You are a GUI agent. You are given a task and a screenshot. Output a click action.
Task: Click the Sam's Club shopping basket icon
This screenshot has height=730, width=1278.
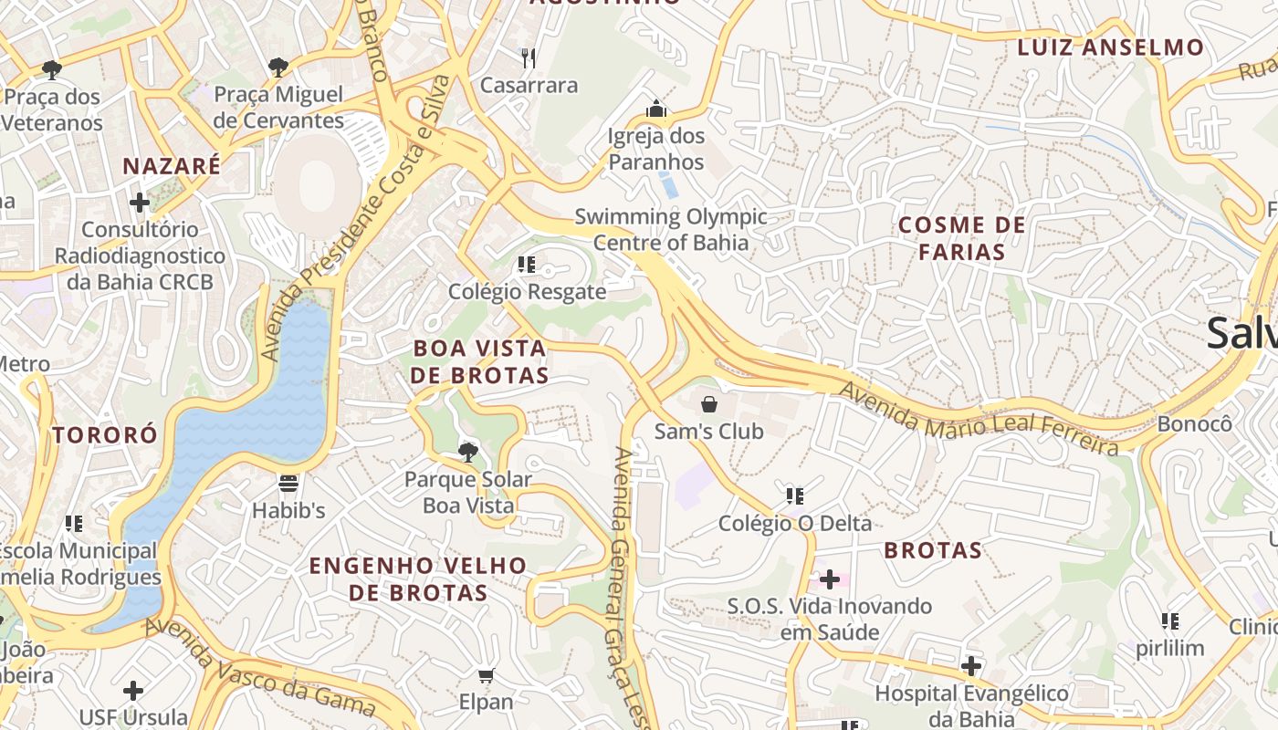click(x=709, y=403)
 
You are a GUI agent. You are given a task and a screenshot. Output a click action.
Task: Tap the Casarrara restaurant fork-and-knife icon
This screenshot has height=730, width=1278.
click(x=528, y=58)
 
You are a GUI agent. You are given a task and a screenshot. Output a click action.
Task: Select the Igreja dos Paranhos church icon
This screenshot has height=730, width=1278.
click(x=655, y=110)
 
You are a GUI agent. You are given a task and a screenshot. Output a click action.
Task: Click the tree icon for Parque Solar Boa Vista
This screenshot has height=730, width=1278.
click(x=467, y=452)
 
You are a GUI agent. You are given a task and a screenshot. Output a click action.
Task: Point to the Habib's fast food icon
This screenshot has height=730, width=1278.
click(x=288, y=483)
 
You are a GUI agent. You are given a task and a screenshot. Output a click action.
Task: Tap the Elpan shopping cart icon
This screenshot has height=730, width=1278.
click(x=486, y=676)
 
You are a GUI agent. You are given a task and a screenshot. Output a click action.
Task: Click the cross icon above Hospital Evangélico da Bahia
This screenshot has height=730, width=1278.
click(x=971, y=666)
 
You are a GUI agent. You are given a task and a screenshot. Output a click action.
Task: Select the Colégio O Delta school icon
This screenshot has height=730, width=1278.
click(x=794, y=496)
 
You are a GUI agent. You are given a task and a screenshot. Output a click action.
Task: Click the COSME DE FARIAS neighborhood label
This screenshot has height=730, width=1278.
click(x=961, y=238)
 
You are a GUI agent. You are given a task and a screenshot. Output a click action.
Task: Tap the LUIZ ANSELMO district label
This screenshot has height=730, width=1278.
click(x=1110, y=47)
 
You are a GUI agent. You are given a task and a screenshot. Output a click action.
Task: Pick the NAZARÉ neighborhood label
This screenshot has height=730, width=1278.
click(x=172, y=166)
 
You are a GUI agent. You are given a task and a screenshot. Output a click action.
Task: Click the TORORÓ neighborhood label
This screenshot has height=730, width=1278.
click(x=105, y=435)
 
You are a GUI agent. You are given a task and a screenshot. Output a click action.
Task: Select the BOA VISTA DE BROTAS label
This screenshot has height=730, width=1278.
click(x=479, y=362)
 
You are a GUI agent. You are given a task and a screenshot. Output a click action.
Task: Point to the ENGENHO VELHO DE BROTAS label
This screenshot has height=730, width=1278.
click(x=417, y=579)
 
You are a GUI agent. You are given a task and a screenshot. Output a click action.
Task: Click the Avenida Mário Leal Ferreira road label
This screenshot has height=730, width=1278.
click(x=978, y=420)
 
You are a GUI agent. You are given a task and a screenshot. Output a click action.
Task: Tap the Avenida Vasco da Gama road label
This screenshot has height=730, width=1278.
click(x=260, y=669)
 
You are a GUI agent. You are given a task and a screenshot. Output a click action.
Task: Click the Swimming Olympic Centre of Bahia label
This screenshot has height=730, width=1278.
click(x=671, y=230)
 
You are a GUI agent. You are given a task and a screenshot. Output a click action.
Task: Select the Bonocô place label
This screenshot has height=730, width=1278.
click(x=1194, y=424)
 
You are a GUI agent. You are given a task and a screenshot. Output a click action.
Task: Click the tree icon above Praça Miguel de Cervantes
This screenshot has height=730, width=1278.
click(x=278, y=67)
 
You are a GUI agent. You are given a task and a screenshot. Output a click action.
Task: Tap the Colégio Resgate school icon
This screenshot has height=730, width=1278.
click(x=526, y=265)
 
